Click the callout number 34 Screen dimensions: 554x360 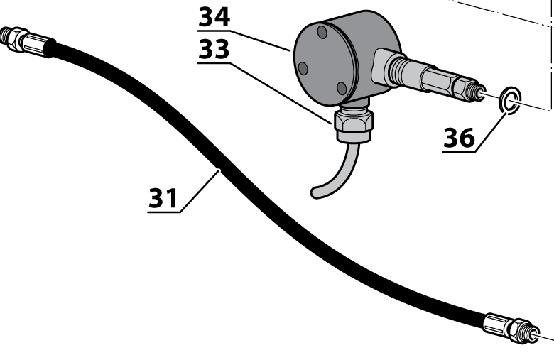pos(214,17)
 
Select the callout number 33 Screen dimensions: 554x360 pos(214,49)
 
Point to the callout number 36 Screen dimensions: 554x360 pos(459,138)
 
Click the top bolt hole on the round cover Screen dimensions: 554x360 pos(322,32)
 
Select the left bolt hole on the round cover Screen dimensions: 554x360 pos(303,69)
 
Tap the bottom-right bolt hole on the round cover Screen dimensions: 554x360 pos(342,88)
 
